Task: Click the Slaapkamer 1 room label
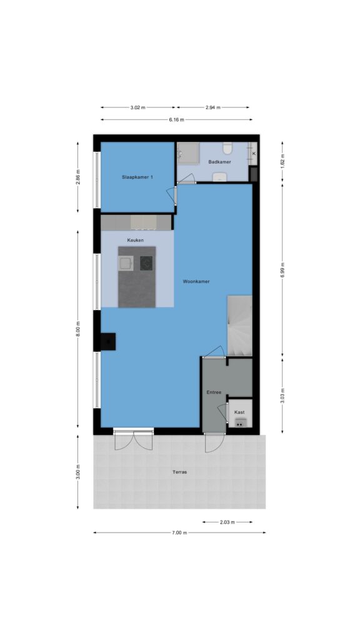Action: (137, 177)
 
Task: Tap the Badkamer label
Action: (219, 162)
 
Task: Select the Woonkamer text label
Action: (196, 281)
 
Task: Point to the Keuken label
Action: (136, 241)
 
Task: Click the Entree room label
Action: (214, 392)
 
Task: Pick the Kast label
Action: (239, 412)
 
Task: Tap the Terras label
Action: (179, 472)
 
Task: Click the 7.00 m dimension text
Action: (179, 532)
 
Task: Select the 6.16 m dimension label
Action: (176, 119)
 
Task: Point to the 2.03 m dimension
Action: (227, 522)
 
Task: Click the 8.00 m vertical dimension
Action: (78, 329)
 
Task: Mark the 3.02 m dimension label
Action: (138, 107)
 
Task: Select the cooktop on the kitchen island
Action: (146, 263)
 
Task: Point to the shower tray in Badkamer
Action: (188, 153)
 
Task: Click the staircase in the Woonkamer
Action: (239, 326)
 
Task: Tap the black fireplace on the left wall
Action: (108, 342)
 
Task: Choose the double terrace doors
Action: (134, 439)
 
